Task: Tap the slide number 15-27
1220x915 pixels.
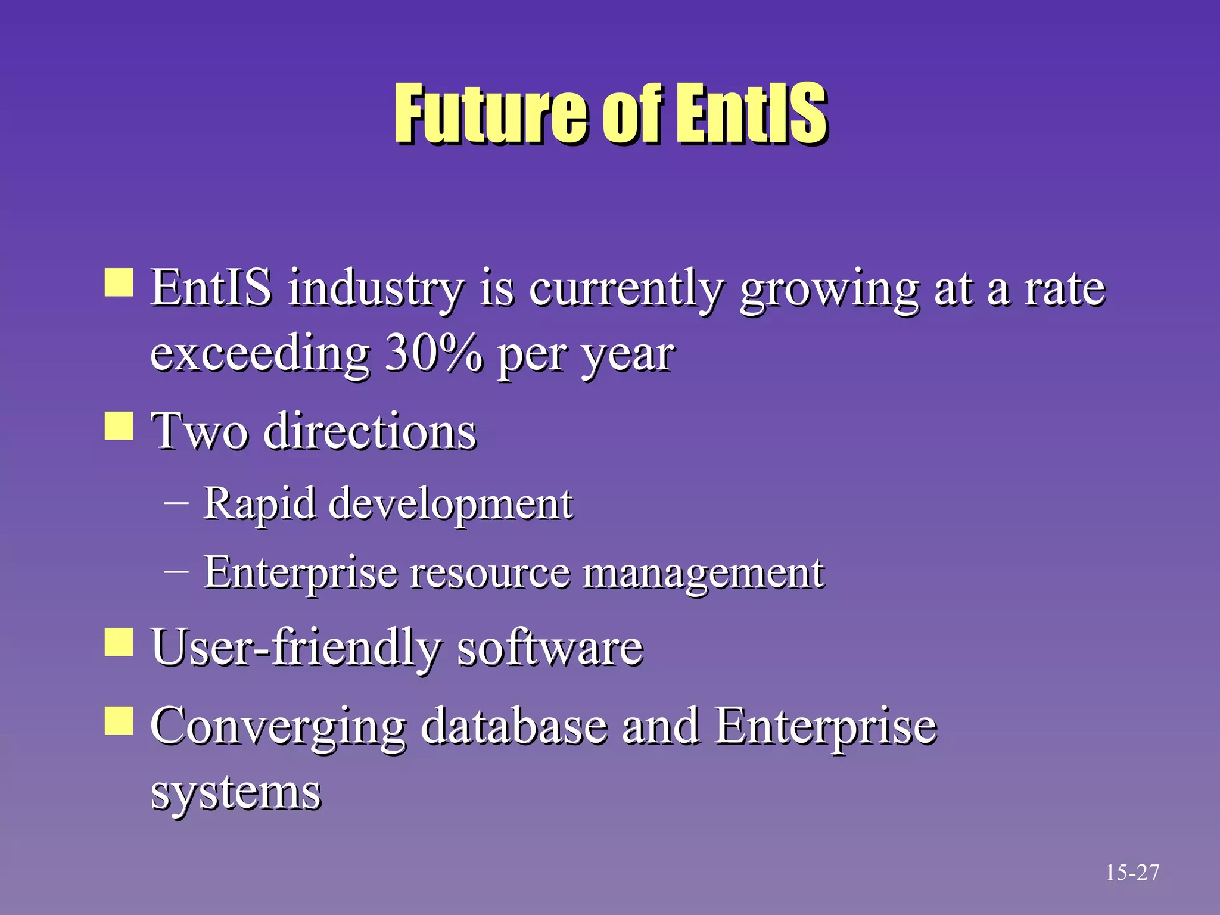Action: (1132, 873)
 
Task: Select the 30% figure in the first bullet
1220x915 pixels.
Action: (434, 353)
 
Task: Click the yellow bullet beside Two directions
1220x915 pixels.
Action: (119, 426)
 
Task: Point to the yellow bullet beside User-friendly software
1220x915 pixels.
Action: (119, 642)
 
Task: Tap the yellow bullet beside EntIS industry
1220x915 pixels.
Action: (119, 282)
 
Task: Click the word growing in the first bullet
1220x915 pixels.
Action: (829, 290)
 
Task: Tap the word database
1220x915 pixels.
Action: (514, 727)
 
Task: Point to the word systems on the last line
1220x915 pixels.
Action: (236, 793)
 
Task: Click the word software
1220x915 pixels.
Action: (550, 648)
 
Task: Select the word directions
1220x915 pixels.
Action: (370, 431)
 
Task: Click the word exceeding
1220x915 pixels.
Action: (260, 354)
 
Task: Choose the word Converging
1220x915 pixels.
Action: (278, 727)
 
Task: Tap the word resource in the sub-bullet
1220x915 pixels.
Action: (490, 573)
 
